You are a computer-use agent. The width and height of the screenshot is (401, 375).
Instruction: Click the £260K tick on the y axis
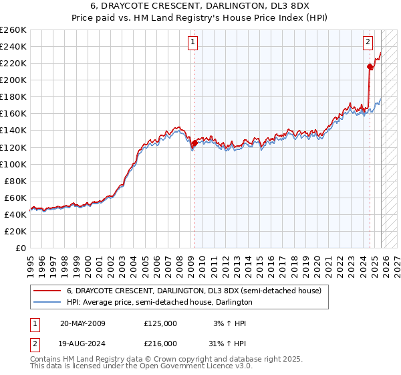13,30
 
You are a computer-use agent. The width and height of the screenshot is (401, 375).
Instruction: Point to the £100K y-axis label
13,164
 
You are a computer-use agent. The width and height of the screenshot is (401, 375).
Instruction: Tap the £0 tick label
20,248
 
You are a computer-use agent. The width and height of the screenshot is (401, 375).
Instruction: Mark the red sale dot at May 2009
194,143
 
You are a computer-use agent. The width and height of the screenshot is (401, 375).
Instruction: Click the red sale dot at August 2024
370,66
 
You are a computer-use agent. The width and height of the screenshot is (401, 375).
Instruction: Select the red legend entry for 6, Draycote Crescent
194,291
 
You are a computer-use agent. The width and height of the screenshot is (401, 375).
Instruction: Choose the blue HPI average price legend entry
159,302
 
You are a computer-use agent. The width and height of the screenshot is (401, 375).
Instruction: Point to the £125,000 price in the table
160,323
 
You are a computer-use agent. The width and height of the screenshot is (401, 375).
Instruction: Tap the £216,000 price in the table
160,343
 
